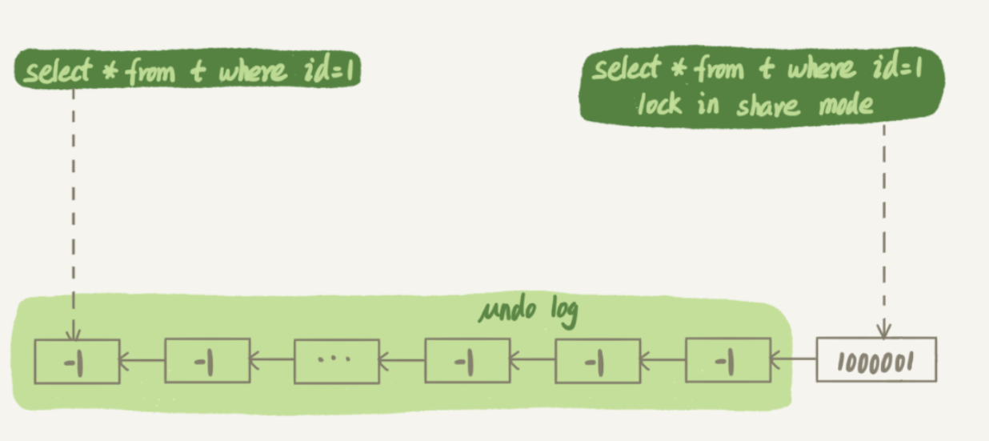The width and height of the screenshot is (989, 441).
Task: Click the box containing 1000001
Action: click(875, 361)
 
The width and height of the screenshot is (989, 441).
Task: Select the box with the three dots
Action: click(336, 361)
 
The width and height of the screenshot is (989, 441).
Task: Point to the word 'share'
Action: click(766, 105)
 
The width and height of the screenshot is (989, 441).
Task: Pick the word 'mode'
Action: click(843, 105)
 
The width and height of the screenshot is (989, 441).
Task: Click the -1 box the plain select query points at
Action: click(77, 361)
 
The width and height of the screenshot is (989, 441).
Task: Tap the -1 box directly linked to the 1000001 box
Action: click(727, 361)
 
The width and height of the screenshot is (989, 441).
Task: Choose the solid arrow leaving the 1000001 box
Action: click(792, 359)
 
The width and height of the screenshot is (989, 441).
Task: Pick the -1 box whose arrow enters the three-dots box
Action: click(466, 361)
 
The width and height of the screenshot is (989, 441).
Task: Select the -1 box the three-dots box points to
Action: click(206, 361)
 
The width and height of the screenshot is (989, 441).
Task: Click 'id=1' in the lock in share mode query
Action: click(899, 70)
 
